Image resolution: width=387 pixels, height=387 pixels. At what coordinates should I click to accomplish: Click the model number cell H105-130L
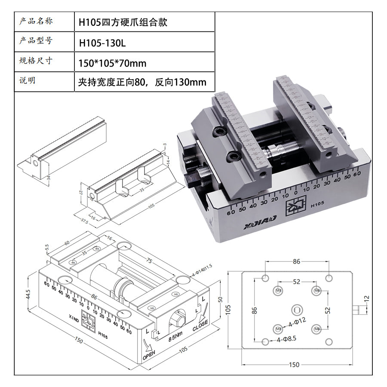[102, 43]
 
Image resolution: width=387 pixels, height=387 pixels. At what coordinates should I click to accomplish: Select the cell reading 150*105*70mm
[112, 64]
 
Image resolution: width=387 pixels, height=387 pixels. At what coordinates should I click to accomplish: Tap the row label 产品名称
[36, 21]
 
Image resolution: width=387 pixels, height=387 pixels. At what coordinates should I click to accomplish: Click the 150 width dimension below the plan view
[294, 365]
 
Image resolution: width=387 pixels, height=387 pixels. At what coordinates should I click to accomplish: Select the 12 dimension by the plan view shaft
[366, 298]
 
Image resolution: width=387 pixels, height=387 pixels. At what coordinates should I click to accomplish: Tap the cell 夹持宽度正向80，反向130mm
[142, 82]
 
